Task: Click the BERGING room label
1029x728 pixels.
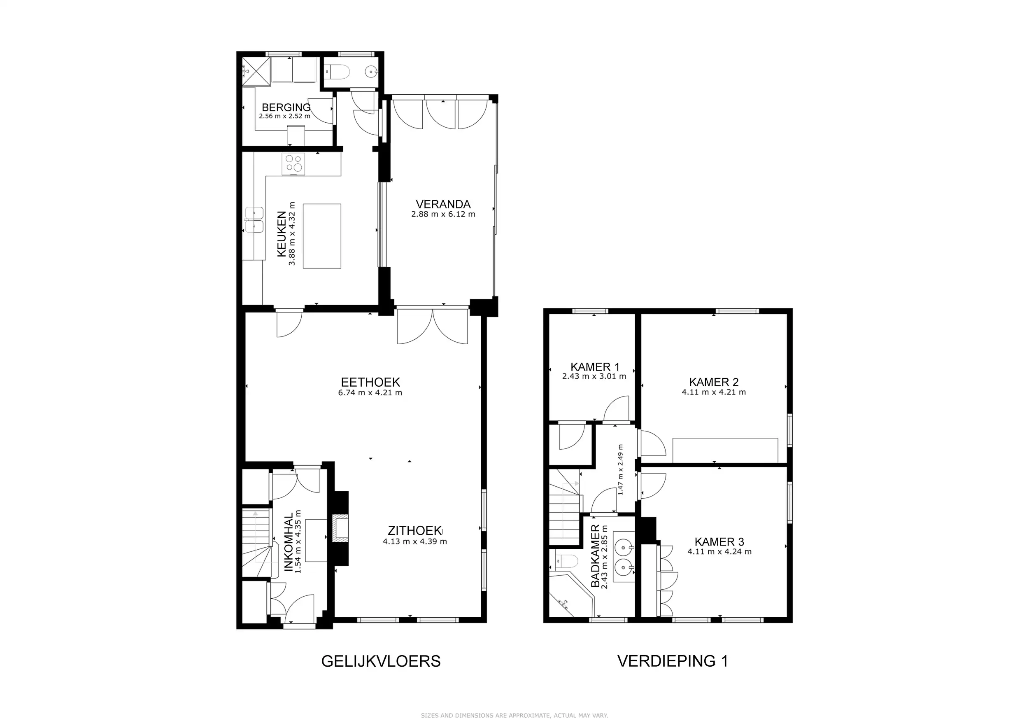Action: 286,107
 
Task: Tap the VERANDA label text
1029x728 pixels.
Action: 443,204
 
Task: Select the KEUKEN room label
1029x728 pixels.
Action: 282,234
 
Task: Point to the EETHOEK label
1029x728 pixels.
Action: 370,382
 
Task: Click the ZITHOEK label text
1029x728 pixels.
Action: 414,531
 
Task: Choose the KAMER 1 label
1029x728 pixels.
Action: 595,367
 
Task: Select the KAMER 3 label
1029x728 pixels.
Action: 719,541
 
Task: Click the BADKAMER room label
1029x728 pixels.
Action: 595,556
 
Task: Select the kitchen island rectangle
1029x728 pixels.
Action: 322,236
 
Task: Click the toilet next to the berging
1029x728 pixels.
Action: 336,71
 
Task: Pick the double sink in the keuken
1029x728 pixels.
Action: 254,219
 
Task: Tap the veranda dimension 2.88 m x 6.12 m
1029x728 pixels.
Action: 443,214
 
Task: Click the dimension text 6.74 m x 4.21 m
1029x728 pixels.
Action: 370,393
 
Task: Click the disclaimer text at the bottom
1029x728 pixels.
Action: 514,716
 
